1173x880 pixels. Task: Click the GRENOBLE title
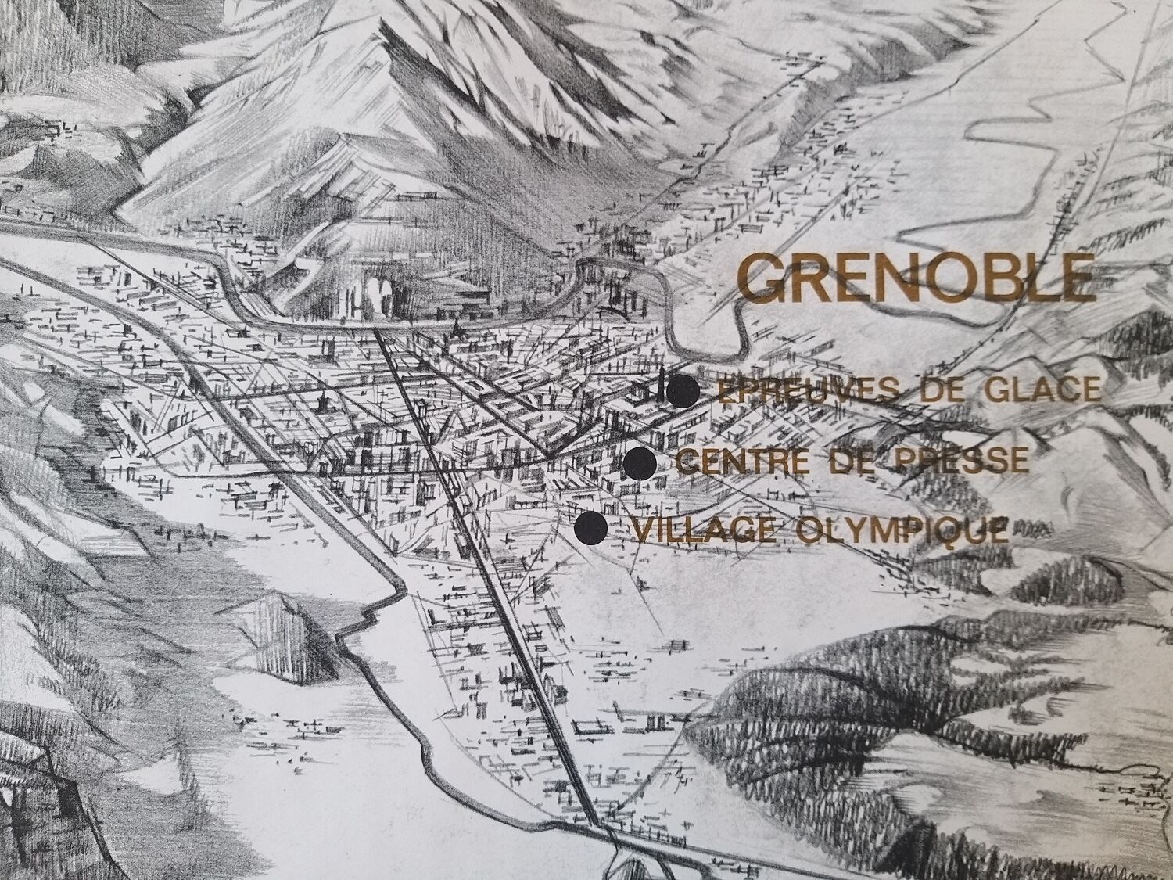tap(916, 278)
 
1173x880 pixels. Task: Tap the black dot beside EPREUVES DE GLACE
tap(683, 391)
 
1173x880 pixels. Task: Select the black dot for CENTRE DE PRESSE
tap(640, 463)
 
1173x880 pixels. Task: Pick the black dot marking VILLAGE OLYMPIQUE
tap(590, 529)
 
